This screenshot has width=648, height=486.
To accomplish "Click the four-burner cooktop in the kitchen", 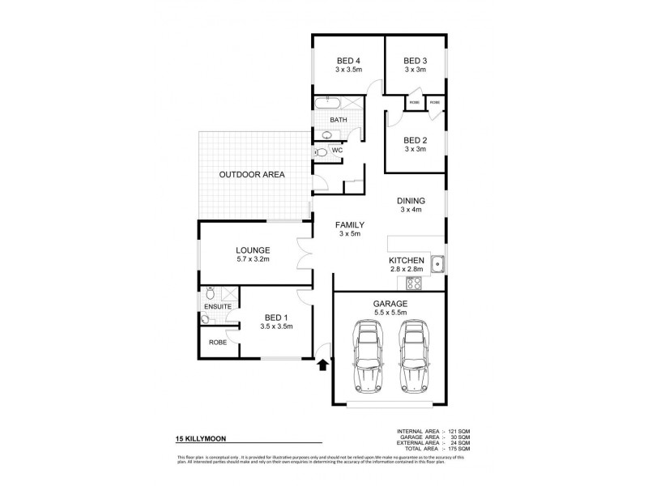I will point(413,283).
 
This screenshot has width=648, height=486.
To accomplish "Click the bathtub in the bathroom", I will point(328,104).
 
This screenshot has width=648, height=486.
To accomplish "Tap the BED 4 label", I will point(348,61).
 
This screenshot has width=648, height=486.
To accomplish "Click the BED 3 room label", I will point(415,61).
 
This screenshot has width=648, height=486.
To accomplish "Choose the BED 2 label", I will point(415,139).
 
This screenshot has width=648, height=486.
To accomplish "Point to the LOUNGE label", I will point(253,250).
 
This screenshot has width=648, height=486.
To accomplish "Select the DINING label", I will point(411,200).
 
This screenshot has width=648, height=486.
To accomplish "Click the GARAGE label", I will point(390,303).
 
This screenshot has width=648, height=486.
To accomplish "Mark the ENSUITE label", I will point(217,307).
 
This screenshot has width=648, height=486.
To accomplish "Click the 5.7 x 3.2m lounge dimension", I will point(253,260).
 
